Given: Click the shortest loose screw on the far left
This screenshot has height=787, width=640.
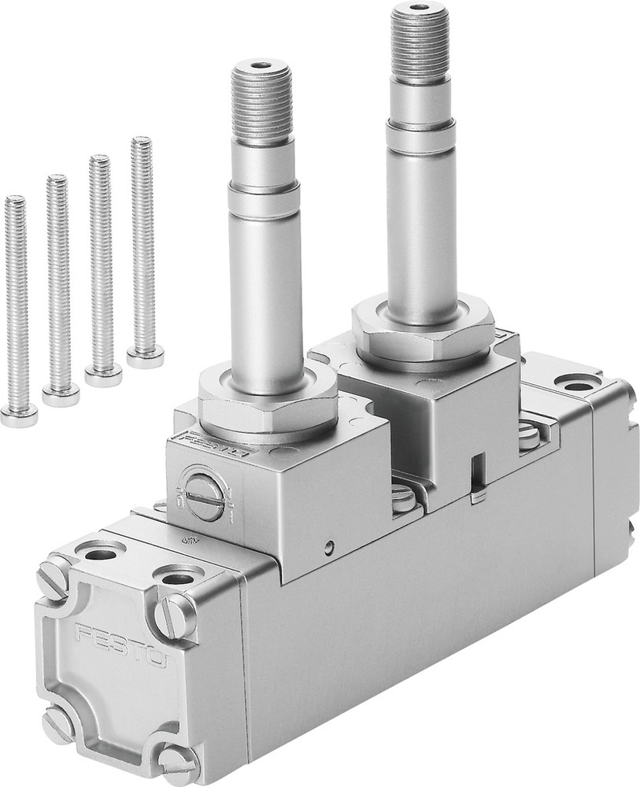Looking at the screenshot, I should [17, 307].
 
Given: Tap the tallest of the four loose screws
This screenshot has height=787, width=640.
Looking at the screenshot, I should [142, 244].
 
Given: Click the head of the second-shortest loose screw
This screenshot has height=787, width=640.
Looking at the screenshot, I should [61, 396].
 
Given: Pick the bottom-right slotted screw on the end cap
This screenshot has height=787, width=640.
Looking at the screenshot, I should [179, 763].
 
